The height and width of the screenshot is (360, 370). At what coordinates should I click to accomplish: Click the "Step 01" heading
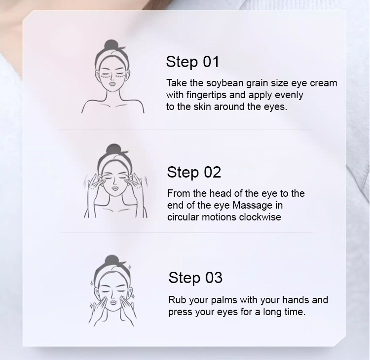pyautogui.click(x=192, y=62)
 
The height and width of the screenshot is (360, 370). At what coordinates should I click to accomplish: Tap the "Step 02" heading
pyautogui.click(x=194, y=173)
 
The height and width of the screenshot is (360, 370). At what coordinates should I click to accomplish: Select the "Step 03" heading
pyautogui.click(x=195, y=278)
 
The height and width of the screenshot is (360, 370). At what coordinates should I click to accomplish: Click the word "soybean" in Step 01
pyautogui.click(x=224, y=83)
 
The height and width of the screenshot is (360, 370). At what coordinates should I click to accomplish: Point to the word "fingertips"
pyautogui.click(x=207, y=95)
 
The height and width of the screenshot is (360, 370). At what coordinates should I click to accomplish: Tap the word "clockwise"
pyautogui.click(x=260, y=217)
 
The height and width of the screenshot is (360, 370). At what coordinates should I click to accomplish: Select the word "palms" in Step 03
pyautogui.click(x=224, y=300)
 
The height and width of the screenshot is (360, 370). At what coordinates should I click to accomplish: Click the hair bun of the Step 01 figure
pyautogui.click(x=111, y=44)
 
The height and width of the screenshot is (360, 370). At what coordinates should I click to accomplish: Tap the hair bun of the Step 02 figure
pyautogui.click(x=113, y=149)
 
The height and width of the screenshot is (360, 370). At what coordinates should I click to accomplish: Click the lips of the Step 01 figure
pyautogui.click(x=112, y=84)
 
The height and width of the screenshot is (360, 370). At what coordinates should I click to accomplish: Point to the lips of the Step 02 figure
pyautogui.click(x=114, y=188)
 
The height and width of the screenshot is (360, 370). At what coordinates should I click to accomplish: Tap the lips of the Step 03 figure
pyautogui.click(x=113, y=302)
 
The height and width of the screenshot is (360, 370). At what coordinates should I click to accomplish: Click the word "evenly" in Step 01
pyautogui.click(x=289, y=95)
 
